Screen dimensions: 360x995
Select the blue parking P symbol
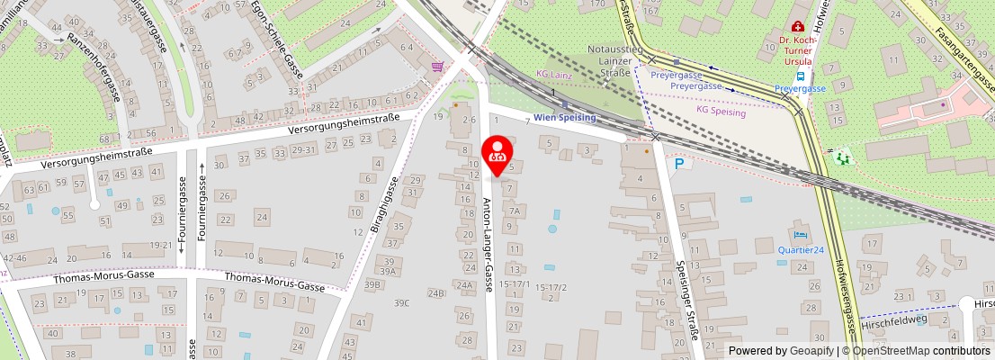pyautogui.click(x=679, y=164)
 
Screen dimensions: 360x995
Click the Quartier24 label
pyautogui.click(x=801, y=250)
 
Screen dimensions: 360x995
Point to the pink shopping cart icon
pyautogui.click(x=437, y=66)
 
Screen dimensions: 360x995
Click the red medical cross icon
pyautogui.click(x=795, y=27)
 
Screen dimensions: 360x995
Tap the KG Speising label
pyautogui.click(x=721, y=112)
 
